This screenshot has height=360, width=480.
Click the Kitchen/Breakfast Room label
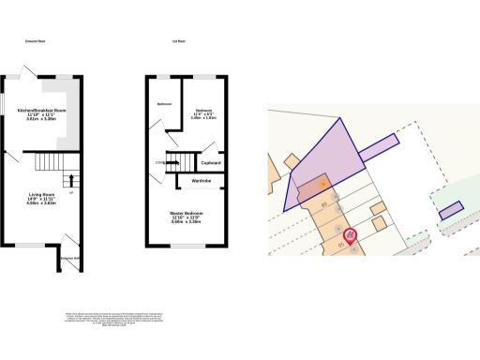pyautogui.click(x=41, y=111)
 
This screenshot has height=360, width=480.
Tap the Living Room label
pyautogui.click(x=41, y=194)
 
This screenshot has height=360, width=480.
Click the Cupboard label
pyautogui.click(x=210, y=161)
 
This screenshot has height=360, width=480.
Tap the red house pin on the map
pyautogui.click(x=350, y=234)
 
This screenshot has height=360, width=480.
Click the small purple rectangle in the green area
pyautogui.click(x=453, y=210)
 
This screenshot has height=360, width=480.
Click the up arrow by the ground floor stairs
pyautogui.click(x=68, y=178)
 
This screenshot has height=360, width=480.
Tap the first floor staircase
pyautogui.click(x=180, y=160)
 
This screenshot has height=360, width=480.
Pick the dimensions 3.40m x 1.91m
pyautogui.click(x=203, y=118)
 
